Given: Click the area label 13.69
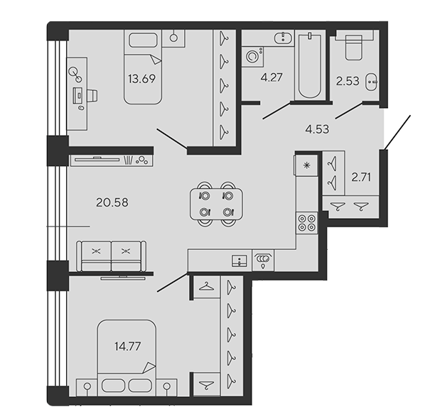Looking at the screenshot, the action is click(142, 79).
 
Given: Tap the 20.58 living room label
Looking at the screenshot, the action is click(112, 202).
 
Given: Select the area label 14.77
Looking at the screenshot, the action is click(128, 347).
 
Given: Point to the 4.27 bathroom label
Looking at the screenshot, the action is click(271, 77).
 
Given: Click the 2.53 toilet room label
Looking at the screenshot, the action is click(347, 81).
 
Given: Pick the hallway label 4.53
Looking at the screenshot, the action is click(317, 129).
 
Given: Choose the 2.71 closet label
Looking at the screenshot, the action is click(361, 177).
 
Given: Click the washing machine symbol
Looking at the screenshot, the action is click(253, 57).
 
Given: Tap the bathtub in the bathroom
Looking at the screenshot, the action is click(309, 65).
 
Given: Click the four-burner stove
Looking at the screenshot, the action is click(307, 223).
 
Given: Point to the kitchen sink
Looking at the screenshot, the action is click(239, 261).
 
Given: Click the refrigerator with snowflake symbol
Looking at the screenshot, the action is click(306, 165).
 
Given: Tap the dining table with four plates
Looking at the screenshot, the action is click(216, 204).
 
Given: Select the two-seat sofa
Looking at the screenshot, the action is click(112, 256).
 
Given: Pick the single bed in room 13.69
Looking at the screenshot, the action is click(143, 67).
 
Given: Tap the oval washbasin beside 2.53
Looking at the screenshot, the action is click(371, 82).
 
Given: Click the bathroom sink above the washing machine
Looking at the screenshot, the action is click(283, 38).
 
